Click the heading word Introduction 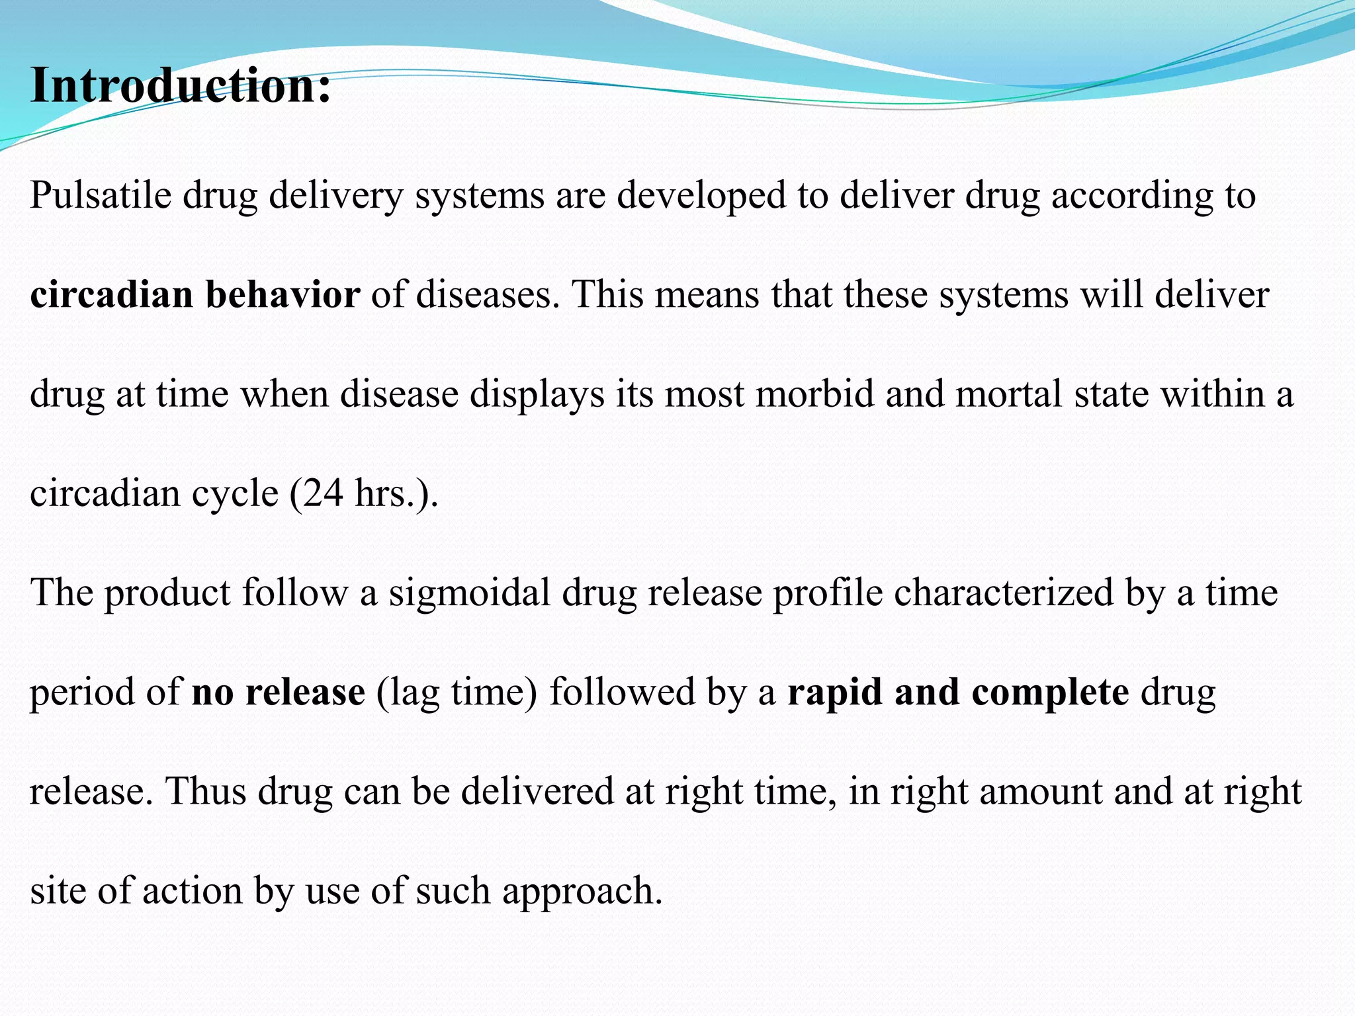tap(180, 86)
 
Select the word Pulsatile tap(101, 195)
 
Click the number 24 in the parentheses tap(323, 493)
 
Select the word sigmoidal tap(469, 593)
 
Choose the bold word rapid tap(834, 693)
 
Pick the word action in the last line tap(192, 891)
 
